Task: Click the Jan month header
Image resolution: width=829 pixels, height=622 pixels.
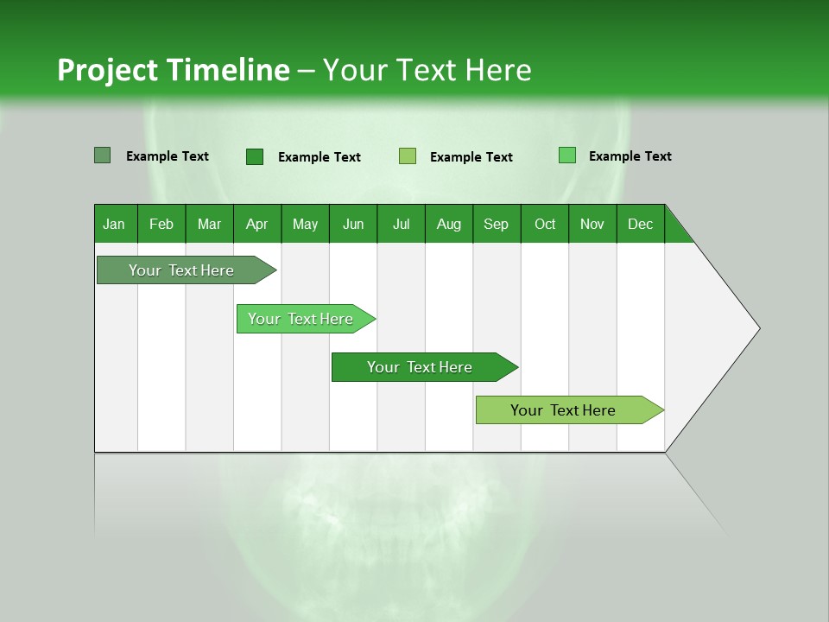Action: [114, 224]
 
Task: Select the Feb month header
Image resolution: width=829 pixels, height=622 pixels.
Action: [161, 224]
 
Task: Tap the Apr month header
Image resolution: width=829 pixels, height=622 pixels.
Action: [256, 224]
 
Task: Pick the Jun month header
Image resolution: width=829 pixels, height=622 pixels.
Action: [353, 224]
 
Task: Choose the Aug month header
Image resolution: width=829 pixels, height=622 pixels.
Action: [448, 224]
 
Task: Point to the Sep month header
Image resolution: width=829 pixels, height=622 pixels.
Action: [496, 224]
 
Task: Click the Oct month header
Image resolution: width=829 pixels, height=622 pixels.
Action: [545, 224]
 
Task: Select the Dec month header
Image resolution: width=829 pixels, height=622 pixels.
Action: [640, 224]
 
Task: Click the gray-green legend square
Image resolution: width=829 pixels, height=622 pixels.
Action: [103, 155]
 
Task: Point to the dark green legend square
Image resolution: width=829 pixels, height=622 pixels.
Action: [255, 156]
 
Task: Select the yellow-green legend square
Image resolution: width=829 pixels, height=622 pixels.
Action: [408, 156]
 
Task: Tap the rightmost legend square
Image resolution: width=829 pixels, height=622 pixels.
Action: [567, 155]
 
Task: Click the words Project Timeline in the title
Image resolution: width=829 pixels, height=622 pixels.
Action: [173, 70]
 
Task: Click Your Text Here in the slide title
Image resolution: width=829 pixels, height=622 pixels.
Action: [427, 70]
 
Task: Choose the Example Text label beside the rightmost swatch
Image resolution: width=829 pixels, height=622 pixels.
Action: [630, 156]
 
